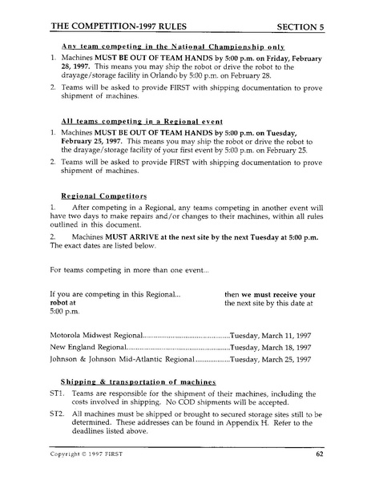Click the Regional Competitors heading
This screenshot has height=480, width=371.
pyautogui.click(x=97, y=194)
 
